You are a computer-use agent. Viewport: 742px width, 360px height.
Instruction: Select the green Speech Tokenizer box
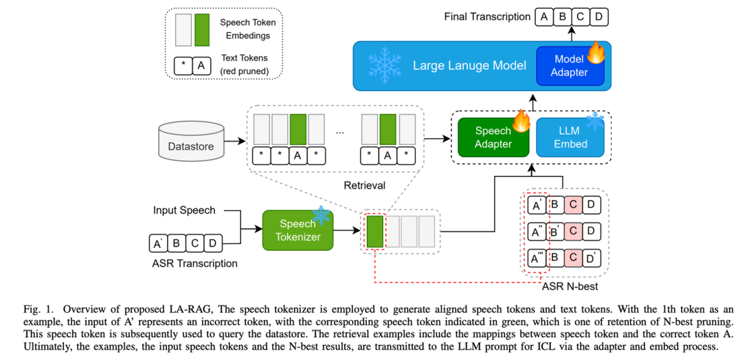[297, 229]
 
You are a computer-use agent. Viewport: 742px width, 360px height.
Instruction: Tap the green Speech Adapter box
[493, 137]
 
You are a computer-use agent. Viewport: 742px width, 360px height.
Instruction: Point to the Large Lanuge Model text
[469, 66]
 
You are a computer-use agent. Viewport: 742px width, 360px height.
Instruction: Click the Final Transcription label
[487, 16]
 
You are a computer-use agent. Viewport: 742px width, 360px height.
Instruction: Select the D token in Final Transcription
[599, 16]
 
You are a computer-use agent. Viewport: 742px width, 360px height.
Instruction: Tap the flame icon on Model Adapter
[596, 52]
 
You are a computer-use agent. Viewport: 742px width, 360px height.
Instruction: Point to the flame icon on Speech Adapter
[522, 122]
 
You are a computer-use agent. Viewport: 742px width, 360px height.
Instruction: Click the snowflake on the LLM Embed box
[594, 122]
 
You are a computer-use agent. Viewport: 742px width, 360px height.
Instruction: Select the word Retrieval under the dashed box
[364, 185]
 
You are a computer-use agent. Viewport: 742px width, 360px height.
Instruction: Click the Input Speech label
[184, 210]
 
